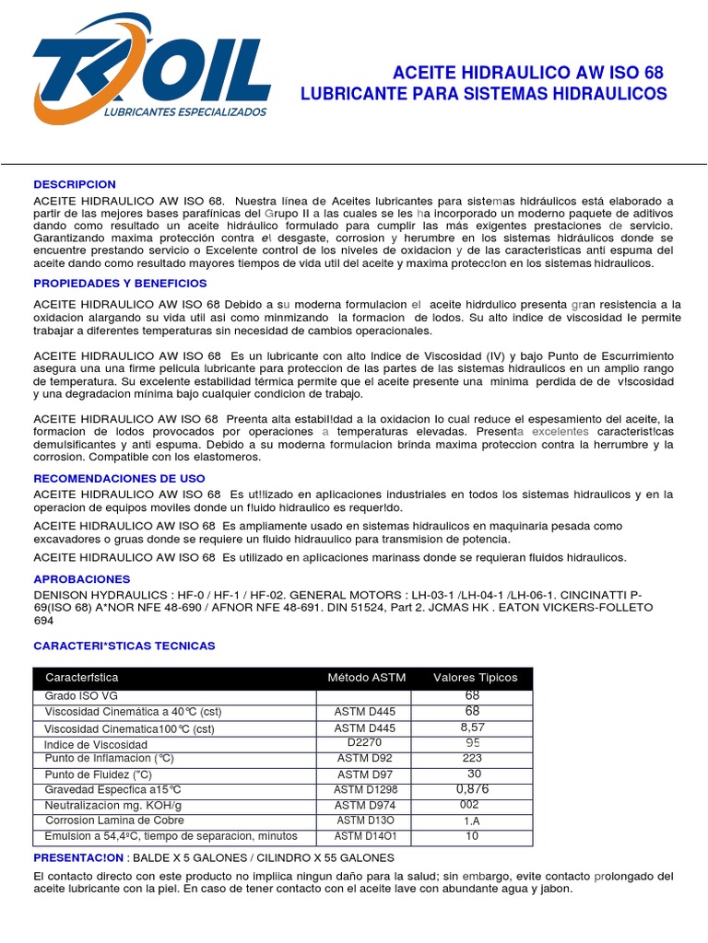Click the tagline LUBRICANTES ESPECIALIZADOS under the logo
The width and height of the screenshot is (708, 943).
[x=186, y=111]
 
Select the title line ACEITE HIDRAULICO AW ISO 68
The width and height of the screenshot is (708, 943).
[x=527, y=73]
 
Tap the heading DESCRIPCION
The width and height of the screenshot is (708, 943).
[x=75, y=184]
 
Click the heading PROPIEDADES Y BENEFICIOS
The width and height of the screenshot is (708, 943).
[x=120, y=283]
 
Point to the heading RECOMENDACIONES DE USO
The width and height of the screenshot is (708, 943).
[x=119, y=478]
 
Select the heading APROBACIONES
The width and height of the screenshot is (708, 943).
[x=82, y=579]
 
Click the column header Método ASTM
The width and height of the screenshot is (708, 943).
[x=366, y=678]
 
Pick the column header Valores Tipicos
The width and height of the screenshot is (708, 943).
[x=475, y=678]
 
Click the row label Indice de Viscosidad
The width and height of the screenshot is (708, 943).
[x=96, y=744]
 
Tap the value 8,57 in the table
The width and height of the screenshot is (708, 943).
[x=472, y=728]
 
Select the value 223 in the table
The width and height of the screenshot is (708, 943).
[x=472, y=759]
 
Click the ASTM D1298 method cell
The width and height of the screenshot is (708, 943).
[x=365, y=790]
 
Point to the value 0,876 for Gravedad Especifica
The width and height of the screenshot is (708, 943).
[x=472, y=789]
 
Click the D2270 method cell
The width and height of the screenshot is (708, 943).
[x=365, y=743]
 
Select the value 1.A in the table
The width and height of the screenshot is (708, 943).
[x=472, y=821]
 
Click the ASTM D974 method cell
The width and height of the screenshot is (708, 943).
[x=365, y=805]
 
